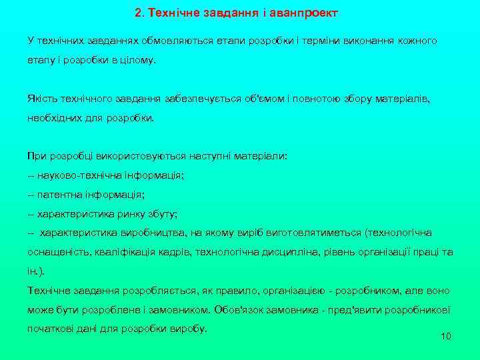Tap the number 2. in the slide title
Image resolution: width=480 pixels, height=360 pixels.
tap(139, 13)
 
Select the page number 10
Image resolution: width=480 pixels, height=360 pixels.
tap(446, 335)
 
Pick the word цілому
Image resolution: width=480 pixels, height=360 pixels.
tap(136, 60)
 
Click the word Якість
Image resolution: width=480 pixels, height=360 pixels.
tap(42, 99)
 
